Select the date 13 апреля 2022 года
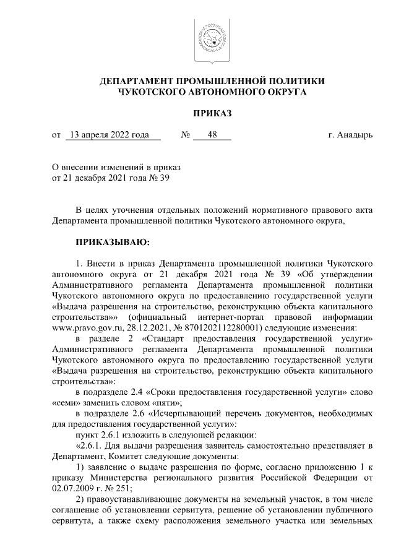[110, 134]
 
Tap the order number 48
[212, 134]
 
